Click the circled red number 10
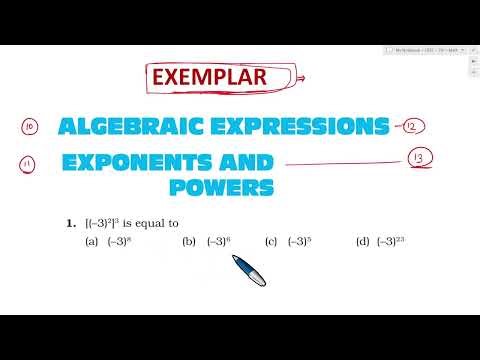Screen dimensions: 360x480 [x=29, y=127]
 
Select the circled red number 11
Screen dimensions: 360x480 [x=29, y=163]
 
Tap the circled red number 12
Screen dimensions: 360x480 [x=412, y=126]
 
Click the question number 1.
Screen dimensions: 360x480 [x=71, y=223]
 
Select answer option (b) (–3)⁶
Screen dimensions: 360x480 [x=211, y=241]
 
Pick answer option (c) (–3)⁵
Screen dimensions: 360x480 [x=292, y=241]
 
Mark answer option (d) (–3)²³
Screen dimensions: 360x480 [x=384, y=241]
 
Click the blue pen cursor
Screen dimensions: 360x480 [x=248, y=269]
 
